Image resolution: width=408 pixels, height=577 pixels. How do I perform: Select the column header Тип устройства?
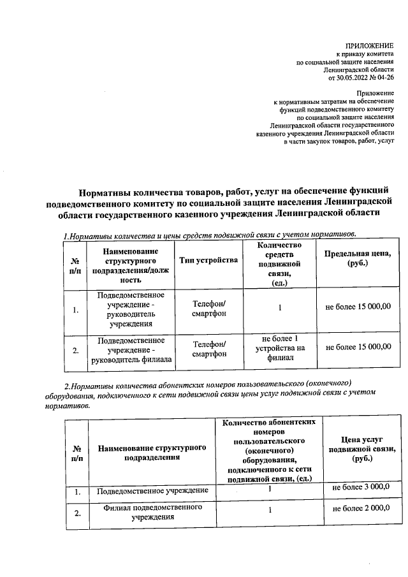[208, 260]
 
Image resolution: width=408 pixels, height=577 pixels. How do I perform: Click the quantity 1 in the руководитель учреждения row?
[280, 308]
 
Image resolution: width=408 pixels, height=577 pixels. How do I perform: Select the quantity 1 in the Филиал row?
[270, 511]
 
